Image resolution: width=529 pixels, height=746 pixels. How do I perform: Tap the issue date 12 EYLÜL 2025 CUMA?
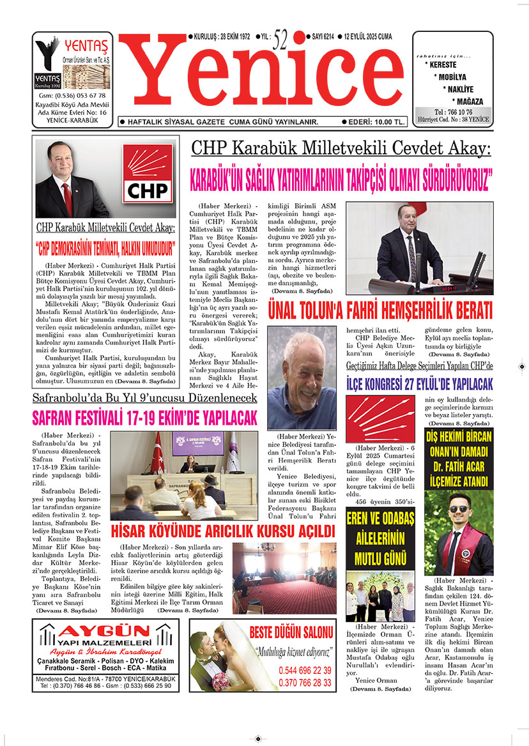click(370, 37)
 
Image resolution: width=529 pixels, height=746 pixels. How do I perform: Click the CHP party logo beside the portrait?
click(148, 173)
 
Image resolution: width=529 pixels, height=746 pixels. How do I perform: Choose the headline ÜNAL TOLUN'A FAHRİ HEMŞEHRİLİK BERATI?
click(380, 312)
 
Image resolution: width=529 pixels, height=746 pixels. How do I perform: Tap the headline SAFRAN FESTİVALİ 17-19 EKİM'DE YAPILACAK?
click(145, 418)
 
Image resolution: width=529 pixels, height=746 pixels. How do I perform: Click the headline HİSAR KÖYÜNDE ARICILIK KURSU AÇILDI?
click(223, 531)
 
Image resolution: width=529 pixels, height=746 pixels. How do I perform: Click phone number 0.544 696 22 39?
click(305, 670)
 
